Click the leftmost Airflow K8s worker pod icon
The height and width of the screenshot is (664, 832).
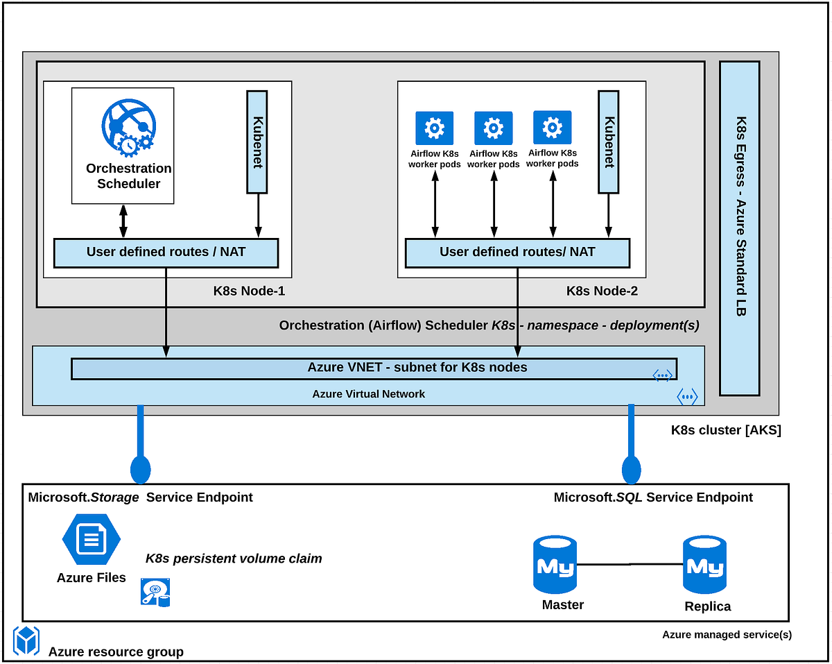434,128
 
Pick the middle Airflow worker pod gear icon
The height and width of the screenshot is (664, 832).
493,128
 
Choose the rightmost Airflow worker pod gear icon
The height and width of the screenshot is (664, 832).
552,128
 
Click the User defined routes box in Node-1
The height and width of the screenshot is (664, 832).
166,253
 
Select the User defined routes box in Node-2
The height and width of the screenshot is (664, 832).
517,253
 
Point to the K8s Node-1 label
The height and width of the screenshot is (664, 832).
249,291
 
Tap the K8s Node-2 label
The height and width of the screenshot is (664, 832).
602,291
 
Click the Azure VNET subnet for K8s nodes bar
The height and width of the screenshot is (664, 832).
374,368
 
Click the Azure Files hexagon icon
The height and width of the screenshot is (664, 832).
91,540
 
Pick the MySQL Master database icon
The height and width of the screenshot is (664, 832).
554,565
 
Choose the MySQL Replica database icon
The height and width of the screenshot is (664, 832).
704,567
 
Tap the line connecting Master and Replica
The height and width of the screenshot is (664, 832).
629,564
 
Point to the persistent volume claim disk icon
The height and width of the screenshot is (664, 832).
155,593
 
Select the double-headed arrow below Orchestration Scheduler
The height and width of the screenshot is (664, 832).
123,221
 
